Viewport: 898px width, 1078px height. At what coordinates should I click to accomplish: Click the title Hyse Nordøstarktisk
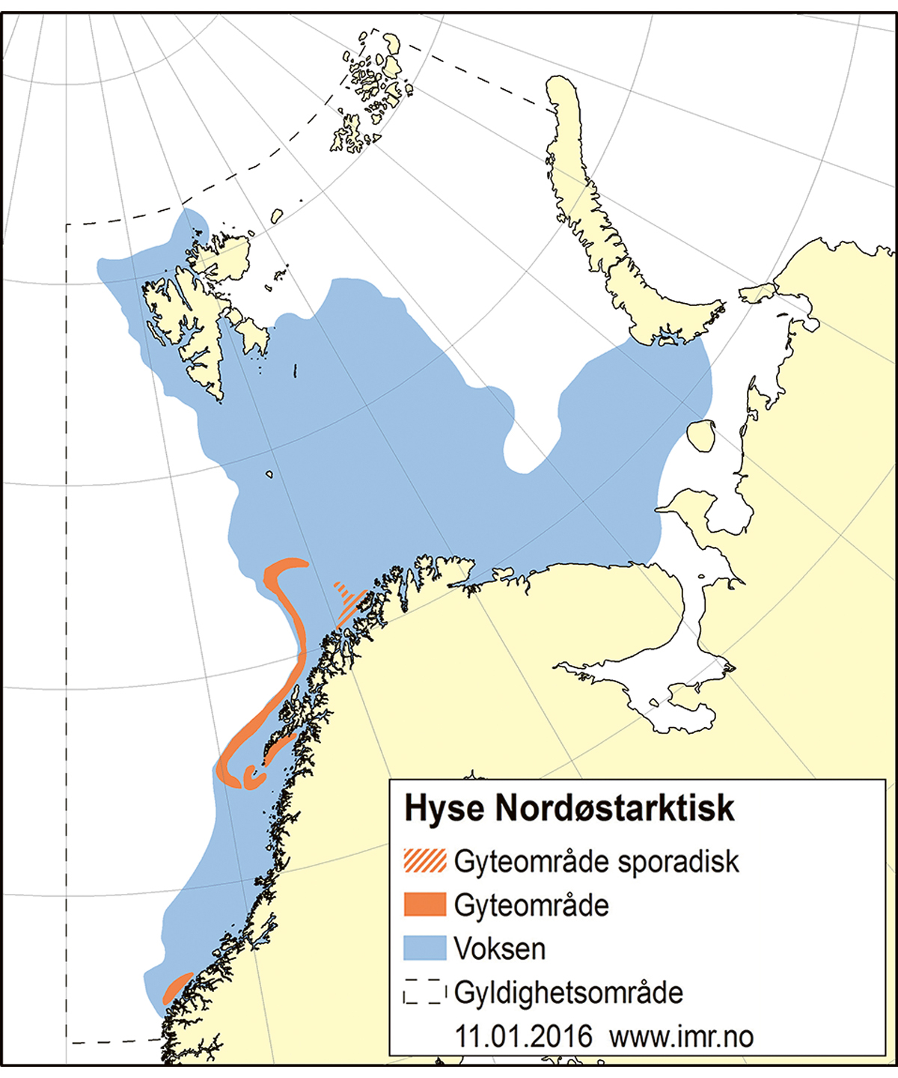pos(569,809)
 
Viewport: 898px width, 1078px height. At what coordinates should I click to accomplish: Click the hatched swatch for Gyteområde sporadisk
pos(424,861)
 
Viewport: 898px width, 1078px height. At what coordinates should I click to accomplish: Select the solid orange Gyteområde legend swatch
pos(424,904)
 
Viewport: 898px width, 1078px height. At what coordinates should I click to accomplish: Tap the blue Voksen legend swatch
pos(424,948)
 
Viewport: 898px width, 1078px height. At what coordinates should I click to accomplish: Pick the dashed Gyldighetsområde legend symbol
pos(424,993)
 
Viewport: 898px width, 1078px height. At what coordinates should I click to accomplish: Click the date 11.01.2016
pos(523,1037)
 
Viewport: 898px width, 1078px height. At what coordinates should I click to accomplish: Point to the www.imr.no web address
pos(681,1037)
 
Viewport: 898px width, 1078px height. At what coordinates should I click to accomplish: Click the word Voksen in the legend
pos(500,949)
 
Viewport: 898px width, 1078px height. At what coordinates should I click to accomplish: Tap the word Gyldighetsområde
pos(569,993)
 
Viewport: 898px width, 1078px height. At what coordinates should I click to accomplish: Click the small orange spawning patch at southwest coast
pos(177,987)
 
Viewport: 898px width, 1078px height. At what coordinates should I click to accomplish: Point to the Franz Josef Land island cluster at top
pos(370,90)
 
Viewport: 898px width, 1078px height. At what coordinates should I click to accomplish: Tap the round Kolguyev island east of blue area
pos(701,435)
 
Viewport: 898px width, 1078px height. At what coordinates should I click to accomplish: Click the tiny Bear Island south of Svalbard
pos(269,474)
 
